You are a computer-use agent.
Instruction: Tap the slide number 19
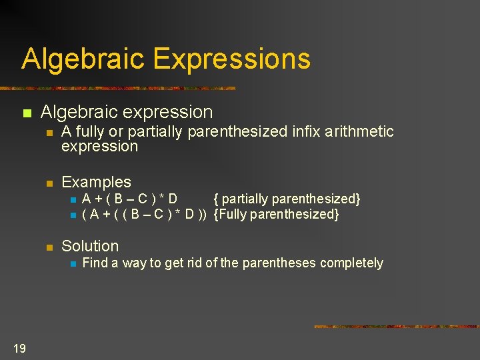click(x=19, y=347)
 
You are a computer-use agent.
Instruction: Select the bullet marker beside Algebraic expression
click(x=27, y=114)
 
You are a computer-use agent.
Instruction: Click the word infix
click(x=306, y=132)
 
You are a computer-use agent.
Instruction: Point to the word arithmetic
click(x=359, y=132)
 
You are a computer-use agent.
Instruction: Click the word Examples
click(x=96, y=182)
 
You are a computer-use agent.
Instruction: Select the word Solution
click(x=90, y=246)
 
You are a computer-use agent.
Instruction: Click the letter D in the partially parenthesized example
click(x=173, y=199)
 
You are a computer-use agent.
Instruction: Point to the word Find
click(x=94, y=263)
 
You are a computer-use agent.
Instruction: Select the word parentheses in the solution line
click(x=279, y=263)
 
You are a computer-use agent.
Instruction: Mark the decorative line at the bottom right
click(x=396, y=327)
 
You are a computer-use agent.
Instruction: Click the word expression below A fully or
click(x=99, y=146)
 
